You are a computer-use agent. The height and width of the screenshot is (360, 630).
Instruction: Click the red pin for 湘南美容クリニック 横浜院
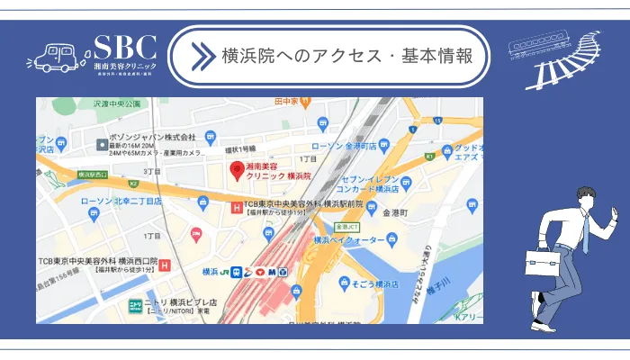(x=237, y=169)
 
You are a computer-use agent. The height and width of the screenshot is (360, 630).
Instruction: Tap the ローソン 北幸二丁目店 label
(x=121, y=202)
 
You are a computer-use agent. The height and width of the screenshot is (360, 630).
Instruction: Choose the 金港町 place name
(x=396, y=213)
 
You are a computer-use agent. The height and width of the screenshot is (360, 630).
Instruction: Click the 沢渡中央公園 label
(x=117, y=104)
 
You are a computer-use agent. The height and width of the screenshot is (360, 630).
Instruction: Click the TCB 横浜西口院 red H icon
(x=165, y=264)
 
